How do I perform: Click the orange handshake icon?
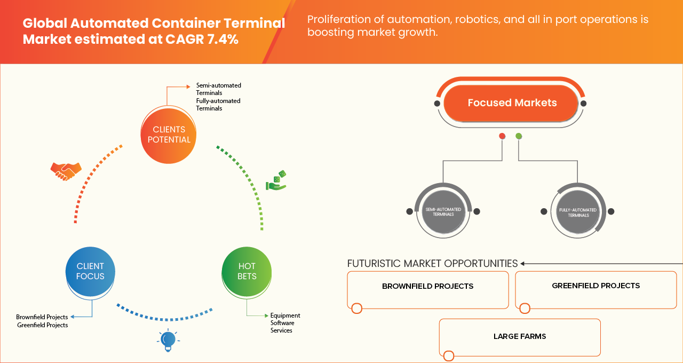pos(66,171)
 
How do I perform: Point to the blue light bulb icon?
pos(168,340)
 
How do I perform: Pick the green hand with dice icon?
pos(276,181)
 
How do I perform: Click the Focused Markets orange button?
pos(511,103)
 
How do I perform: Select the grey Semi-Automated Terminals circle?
pos(443,211)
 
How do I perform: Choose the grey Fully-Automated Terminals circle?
pos(578,212)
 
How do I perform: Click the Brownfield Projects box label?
pos(427,286)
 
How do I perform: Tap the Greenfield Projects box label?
pos(595,286)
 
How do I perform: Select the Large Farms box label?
pos(519,336)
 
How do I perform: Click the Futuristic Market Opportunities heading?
pos(432,264)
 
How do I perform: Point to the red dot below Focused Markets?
pos(502,136)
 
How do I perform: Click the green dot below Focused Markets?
pos(519,136)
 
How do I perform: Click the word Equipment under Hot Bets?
pos(285,315)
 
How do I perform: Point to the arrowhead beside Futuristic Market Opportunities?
pos(523,264)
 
